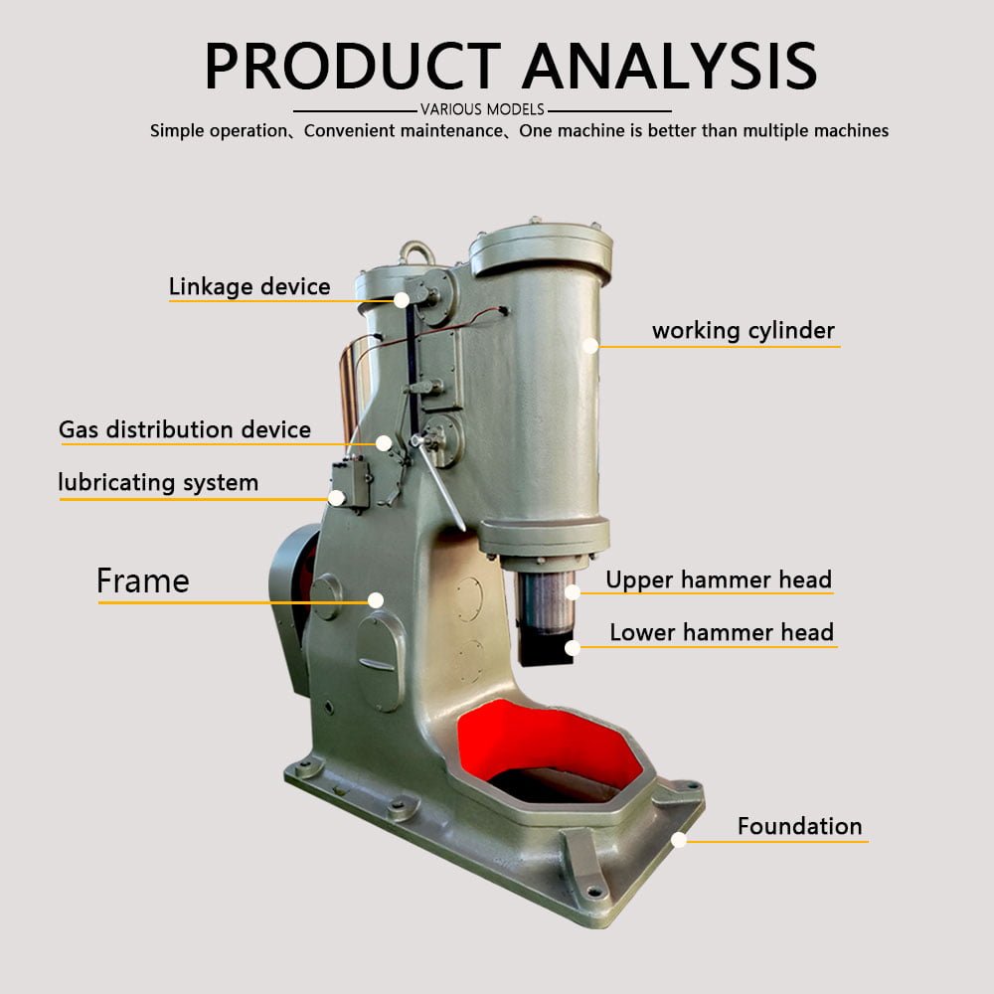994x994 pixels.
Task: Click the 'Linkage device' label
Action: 248,287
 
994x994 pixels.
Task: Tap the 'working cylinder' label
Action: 743,331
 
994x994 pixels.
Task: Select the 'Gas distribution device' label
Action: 185,430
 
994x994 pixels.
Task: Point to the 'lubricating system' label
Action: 158,483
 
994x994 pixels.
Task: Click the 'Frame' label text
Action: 142,580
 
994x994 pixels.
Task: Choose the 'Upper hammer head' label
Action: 719,580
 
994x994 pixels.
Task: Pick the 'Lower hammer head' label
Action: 721,632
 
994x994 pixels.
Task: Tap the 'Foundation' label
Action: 799,826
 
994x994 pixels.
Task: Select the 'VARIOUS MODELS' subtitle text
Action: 482,109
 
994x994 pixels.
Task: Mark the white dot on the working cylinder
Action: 590,345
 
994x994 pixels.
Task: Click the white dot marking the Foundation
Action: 679,840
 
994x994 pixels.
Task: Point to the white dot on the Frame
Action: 376,599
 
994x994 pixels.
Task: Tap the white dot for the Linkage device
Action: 402,298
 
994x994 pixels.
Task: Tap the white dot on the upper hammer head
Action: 572,592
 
